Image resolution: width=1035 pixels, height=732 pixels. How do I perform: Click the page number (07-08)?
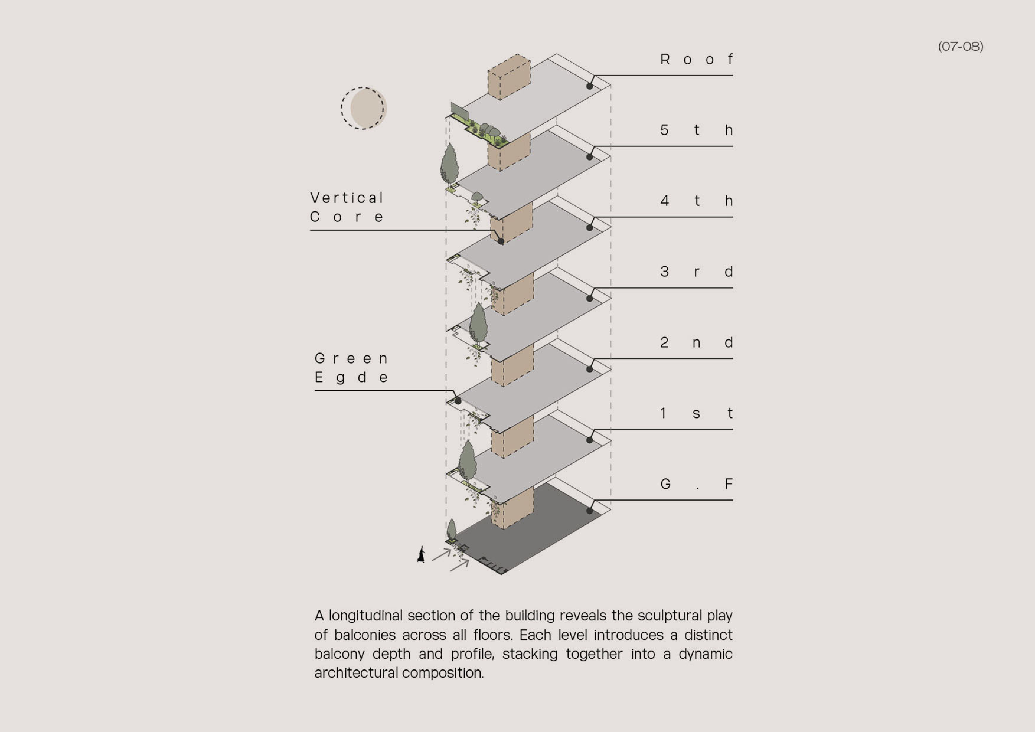coord(961,46)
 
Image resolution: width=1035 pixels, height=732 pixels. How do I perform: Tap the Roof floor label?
coord(696,59)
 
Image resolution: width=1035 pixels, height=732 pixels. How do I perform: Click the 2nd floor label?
coord(696,343)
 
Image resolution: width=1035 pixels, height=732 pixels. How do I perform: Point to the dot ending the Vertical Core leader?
coord(501,242)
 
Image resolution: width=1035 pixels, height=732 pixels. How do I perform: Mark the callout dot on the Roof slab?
coord(590,86)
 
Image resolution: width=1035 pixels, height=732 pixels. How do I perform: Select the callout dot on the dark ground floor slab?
coord(590,511)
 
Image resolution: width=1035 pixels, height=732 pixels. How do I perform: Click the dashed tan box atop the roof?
coord(509,77)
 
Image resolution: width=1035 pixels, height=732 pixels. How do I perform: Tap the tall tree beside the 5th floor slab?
coord(449,164)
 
